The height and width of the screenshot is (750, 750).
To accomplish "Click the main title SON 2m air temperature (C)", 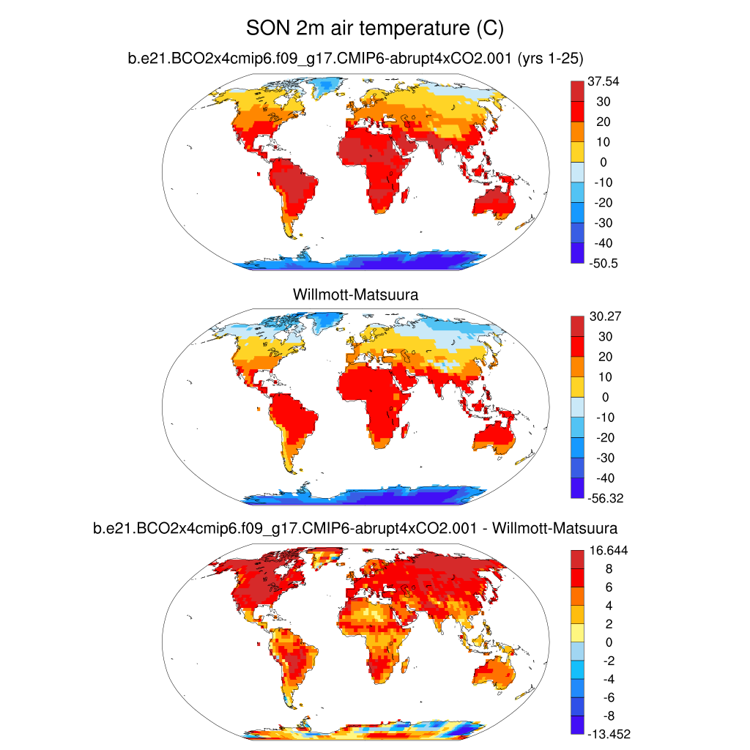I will [x=375, y=29].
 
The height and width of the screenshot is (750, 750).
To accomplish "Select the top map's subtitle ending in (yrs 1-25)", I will [x=354, y=60].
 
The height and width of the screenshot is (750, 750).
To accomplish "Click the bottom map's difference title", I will [x=354, y=527].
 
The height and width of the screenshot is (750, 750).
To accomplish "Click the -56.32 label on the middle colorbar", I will [x=606, y=498].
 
